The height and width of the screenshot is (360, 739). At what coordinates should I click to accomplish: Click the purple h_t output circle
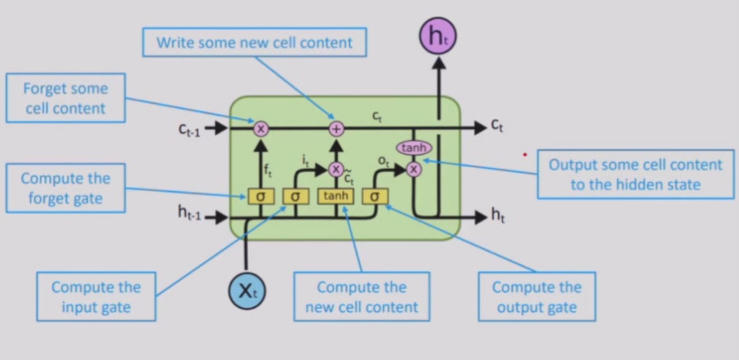coord(438,36)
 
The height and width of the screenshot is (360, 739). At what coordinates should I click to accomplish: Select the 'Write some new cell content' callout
coord(254,43)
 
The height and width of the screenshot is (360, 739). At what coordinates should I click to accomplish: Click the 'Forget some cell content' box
coord(65,98)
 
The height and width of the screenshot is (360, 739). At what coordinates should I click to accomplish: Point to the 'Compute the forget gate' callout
coord(65,188)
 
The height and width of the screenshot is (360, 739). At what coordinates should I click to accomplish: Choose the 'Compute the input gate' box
coord(96,297)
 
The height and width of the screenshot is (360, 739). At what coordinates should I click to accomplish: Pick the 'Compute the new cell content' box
coord(362,297)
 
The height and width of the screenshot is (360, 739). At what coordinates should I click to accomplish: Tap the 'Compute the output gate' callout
coord(537,297)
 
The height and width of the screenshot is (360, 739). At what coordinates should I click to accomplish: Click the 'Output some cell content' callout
coord(635,174)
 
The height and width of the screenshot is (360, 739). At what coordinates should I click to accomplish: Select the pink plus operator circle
coord(336,129)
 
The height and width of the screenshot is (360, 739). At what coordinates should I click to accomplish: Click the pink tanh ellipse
coord(414,148)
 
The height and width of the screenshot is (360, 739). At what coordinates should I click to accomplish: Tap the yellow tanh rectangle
coord(336,196)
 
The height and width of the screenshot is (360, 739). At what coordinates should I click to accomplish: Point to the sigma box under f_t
coord(260,196)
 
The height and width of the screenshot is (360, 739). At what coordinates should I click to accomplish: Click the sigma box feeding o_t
coord(375,196)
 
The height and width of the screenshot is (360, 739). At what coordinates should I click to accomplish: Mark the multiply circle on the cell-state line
coord(260,129)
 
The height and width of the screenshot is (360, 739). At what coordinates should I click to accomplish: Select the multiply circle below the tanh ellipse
coord(414,168)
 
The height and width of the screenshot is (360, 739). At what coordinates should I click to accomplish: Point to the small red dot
coord(525,154)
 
